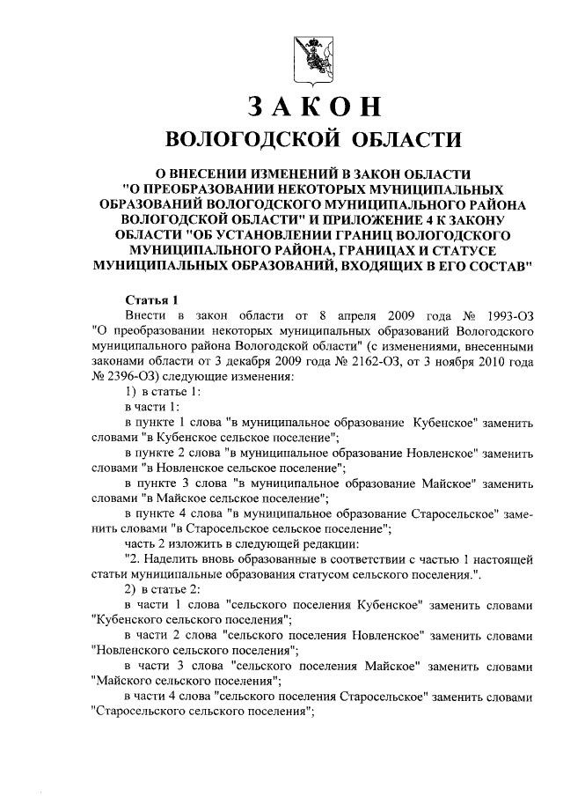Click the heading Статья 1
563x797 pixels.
coord(153,299)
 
